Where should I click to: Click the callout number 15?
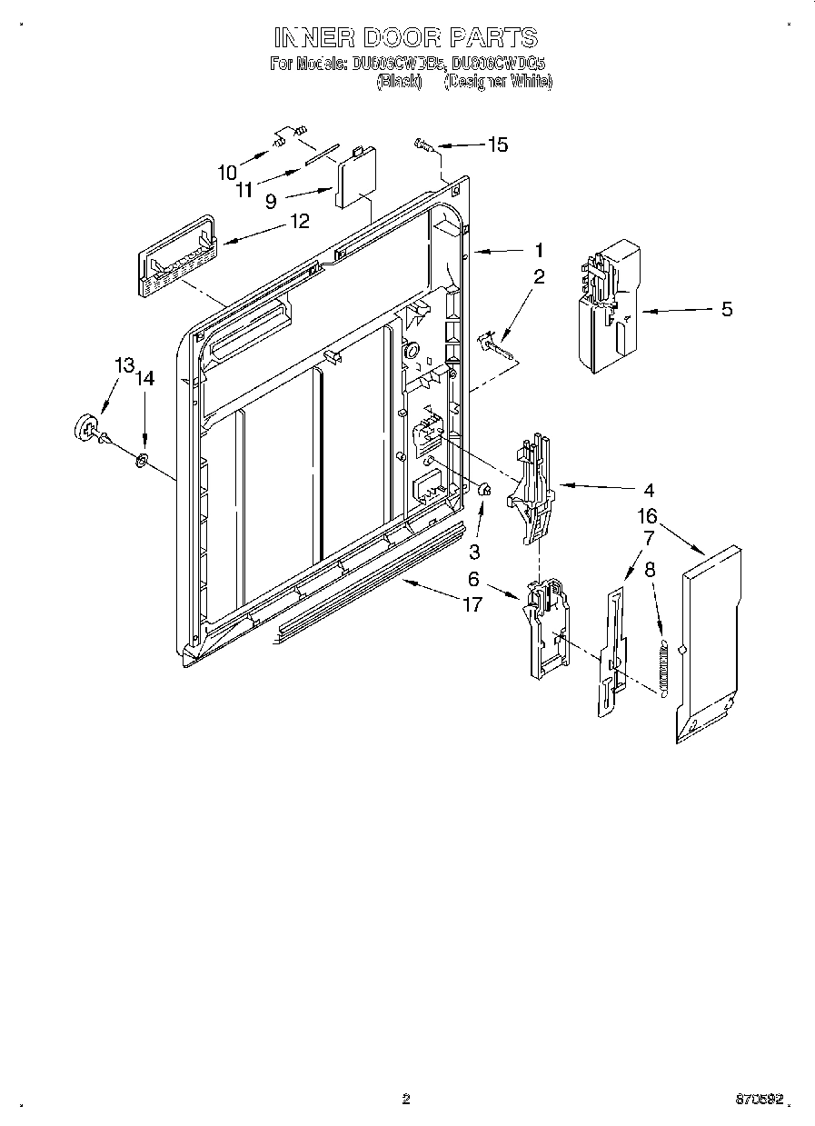coord(498,144)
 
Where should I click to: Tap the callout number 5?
coord(726,309)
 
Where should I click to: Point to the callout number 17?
coord(472,603)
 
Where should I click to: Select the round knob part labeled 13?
coord(87,428)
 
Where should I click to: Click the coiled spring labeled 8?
coord(663,669)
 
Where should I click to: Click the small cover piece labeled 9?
coord(354,178)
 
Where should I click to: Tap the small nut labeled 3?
coord(484,491)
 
